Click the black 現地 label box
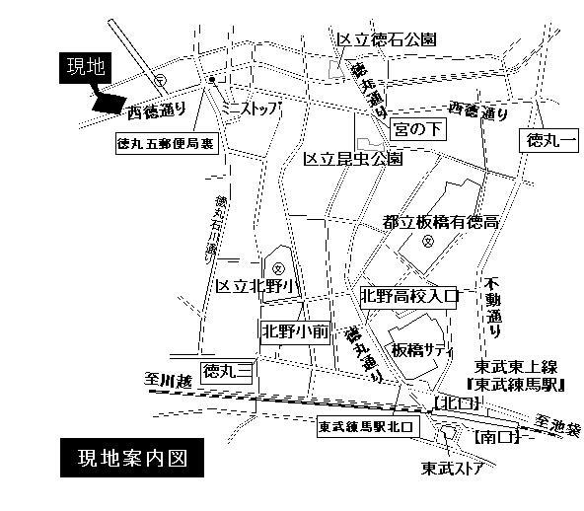(85, 68)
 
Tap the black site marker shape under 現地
(106, 101)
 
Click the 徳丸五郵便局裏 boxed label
(165, 143)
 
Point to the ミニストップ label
(253, 107)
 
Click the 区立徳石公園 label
(387, 40)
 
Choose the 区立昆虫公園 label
(352, 158)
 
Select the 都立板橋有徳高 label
(440, 223)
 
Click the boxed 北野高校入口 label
(411, 295)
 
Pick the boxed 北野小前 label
(294, 331)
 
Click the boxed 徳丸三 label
(228, 371)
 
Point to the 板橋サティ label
(421, 350)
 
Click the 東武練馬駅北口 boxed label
(368, 428)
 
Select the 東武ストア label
(453, 468)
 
